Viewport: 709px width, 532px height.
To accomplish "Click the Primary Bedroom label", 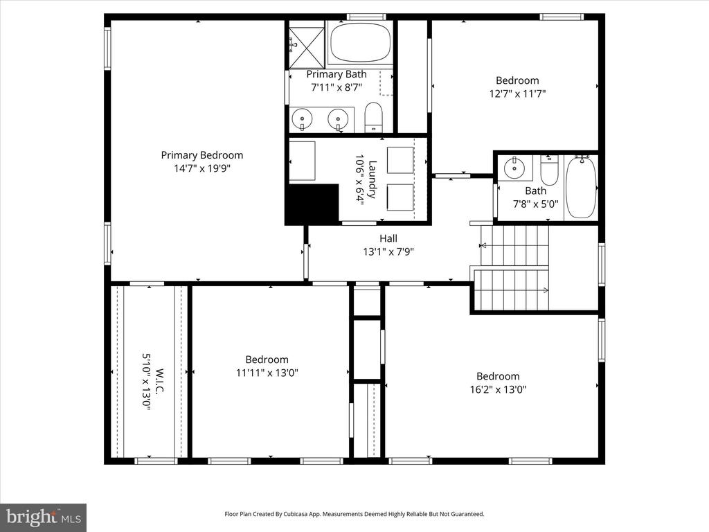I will tap(202, 155).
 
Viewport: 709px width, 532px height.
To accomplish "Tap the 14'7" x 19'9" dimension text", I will tap(202, 168).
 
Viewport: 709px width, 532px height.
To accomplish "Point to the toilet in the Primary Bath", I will tap(373, 118).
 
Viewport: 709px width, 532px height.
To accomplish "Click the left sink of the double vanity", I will tap(303, 119).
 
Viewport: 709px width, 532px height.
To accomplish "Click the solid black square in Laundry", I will tap(312, 203).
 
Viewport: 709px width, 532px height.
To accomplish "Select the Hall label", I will tap(388, 239).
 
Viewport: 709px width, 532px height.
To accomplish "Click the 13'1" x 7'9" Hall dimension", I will tap(388, 252).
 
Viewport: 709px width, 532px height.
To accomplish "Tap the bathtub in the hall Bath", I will tap(580, 187).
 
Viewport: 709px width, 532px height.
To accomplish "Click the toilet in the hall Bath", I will tap(549, 170).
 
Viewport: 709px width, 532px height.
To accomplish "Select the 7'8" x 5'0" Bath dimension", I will tap(535, 204).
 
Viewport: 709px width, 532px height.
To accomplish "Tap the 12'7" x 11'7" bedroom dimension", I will tap(517, 94).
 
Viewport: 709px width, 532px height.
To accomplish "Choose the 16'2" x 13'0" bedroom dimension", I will tap(498, 389).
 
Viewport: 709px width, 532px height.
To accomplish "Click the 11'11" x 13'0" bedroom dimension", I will tap(267, 373).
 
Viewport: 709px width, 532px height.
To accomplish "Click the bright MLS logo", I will tap(43, 517).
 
